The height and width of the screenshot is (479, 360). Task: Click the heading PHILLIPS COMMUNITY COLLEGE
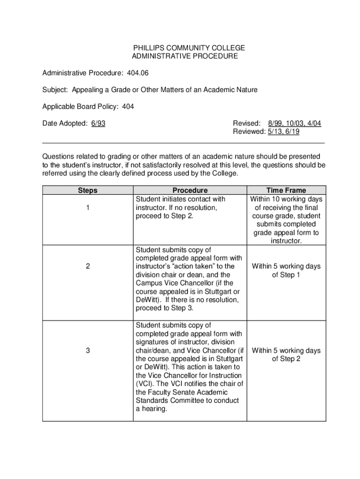(x=189, y=48)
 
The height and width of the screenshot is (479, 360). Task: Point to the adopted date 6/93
(x=98, y=123)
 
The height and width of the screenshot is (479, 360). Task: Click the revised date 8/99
(x=276, y=123)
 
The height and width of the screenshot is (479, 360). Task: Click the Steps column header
(x=88, y=190)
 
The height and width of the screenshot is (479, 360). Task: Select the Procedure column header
(x=190, y=190)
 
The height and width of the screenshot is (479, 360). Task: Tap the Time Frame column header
(x=286, y=190)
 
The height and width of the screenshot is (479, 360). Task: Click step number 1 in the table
(x=88, y=208)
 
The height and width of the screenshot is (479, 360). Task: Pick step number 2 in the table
(x=88, y=266)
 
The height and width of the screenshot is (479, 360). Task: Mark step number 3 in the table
(x=88, y=350)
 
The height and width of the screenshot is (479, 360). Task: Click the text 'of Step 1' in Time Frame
(x=286, y=275)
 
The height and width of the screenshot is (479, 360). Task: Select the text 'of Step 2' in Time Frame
(x=286, y=359)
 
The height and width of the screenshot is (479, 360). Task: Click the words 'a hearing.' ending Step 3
(x=151, y=409)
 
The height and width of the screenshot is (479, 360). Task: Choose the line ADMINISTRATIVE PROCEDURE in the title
(x=185, y=57)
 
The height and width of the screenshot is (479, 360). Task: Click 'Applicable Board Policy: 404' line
(x=88, y=107)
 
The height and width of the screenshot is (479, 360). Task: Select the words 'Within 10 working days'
(x=286, y=199)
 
